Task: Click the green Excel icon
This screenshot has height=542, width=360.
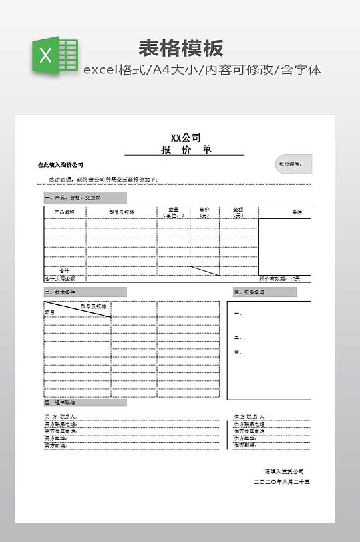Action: coord(54,55)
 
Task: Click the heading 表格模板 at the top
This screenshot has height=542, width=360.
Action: coord(180,48)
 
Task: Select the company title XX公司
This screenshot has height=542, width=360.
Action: coord(185,138)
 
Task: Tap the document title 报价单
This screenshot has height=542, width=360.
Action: coord(185,150)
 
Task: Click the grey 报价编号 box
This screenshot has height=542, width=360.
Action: coord(293,164)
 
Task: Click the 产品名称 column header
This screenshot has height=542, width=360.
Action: coord(65,212)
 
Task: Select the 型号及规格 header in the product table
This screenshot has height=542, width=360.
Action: coord(122,212)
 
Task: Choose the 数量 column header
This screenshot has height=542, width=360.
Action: coord(173,212)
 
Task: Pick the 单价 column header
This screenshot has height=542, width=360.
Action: coord(204,212)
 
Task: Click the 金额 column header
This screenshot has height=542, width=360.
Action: coord(238,212)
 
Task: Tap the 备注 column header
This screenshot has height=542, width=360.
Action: coord(297,212)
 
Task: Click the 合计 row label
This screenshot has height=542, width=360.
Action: coord(65,270)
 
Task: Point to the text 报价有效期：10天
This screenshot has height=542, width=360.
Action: coord(279,278)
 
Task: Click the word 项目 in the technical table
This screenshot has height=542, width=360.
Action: coord(49,312)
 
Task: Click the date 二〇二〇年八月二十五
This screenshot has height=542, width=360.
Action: coord(283,482)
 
